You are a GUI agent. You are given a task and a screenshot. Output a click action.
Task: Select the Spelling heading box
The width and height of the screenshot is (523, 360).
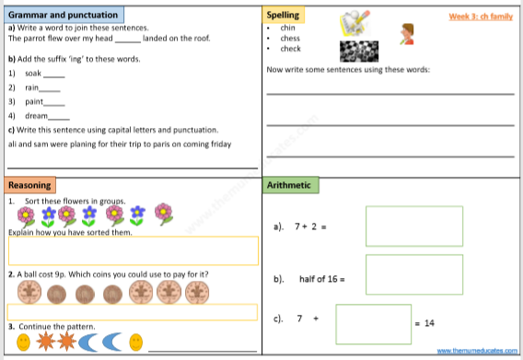click(x=282, y=16)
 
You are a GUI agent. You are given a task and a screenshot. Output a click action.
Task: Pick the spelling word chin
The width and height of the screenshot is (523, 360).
click(x=288, y=29)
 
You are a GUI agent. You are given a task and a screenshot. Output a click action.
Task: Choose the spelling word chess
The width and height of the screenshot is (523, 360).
click(x=290, y=39)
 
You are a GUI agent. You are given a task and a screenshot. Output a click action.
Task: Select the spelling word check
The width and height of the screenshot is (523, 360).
click(x=291, y=49)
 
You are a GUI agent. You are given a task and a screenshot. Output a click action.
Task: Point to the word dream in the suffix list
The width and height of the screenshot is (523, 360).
click(x=36, y=116)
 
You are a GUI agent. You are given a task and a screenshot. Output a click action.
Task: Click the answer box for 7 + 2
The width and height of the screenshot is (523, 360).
click(x=401, y=226)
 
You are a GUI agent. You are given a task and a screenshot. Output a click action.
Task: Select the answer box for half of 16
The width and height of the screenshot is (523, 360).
click(x=401, y=274)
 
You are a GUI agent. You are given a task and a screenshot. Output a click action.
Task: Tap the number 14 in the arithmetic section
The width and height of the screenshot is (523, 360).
click(x=429, y=322)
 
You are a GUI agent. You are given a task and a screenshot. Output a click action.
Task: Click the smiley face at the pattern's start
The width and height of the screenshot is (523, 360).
click(x=23, y=343)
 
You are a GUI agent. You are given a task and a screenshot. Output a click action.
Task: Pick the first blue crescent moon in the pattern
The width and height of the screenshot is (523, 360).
click(x=91, y=343)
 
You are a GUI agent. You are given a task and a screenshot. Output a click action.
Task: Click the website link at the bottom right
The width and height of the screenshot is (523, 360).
click(x=475, y=352)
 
